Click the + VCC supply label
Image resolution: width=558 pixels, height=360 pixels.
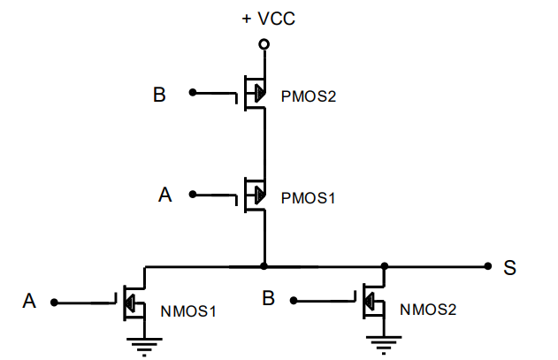pos(268,19)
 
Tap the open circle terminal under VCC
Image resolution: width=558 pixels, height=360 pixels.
pos(264,44)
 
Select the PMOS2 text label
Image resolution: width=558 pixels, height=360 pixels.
pos(308,96)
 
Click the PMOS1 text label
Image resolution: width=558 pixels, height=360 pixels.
pos(308,198)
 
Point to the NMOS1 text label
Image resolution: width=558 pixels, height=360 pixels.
pos(188,311)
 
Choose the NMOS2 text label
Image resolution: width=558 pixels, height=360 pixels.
pos(428,310)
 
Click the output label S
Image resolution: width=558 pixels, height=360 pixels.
pos(509,268)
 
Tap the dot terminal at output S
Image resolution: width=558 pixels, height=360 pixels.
pos(488,266)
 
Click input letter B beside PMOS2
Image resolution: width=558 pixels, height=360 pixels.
pos(159,95)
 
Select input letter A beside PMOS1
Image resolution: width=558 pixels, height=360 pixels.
pos(164,195)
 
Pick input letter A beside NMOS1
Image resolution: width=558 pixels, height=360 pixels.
pos(29,301)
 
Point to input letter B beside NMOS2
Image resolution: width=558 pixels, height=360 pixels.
pos(268,298)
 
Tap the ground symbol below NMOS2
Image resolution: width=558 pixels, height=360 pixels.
pos(384,345)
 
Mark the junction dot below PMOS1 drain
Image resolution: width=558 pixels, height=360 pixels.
pos(264,266)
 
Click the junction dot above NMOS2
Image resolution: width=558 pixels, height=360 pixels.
pos(385,266)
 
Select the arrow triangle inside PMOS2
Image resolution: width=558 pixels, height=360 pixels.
pos(260,93)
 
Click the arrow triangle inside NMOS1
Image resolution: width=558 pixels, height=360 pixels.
pos(129,303)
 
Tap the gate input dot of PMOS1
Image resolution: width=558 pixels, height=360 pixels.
pos(193,195)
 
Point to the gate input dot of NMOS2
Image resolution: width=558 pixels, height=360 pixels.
pos(294,301)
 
